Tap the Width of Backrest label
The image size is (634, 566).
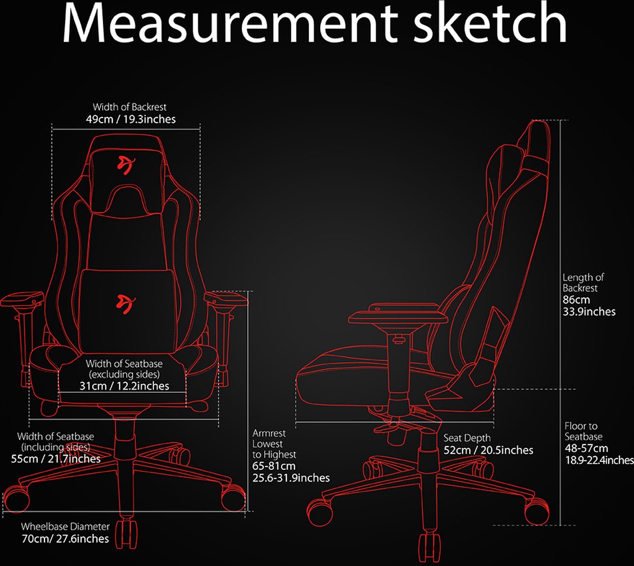[x=129, y=107]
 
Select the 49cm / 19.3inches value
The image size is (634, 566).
[x=130, y=119]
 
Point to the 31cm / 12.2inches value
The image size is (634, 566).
[x=124, y=386]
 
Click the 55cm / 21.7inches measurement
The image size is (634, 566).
[x=55, y=459]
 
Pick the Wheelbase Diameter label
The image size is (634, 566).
[x=65, y=526]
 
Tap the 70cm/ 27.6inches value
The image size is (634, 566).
[x=65, y=539]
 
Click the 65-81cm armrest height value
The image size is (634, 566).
[x=274, y=466]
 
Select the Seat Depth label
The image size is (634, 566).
[x=467, y=438]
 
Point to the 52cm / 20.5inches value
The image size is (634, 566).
[x=488, y=450]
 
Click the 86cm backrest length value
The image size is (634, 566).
[x=576, y=300]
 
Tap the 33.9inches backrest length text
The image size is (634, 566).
[x=589, y=312]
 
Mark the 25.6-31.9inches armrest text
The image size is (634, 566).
[x=291, y=478]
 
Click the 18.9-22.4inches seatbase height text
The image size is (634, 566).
[x=599, y=460]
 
